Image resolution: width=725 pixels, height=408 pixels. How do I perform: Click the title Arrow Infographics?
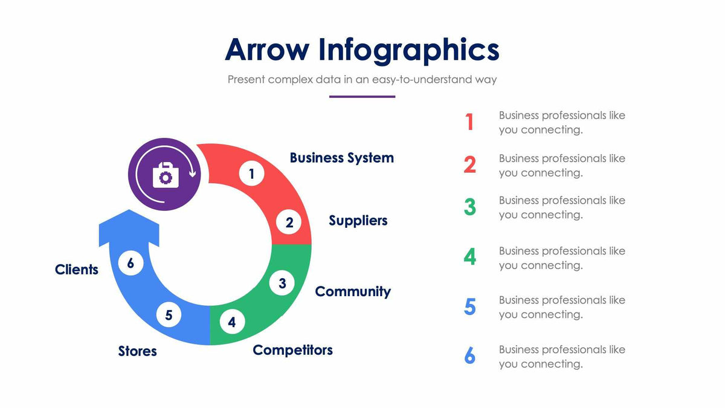[x=362, y=50]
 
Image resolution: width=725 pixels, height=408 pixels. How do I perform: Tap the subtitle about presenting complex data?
[x=362, y=79]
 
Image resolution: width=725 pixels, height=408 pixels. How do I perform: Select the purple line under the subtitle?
[x=362, y=96]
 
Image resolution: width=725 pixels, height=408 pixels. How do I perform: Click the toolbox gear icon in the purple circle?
[x=165, y=175]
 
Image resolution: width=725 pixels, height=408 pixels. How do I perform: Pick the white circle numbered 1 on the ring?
[x=251, y=174]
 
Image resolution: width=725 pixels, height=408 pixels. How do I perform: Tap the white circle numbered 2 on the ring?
[x=289, y=222]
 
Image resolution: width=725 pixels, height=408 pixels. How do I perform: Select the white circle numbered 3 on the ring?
[x=282, y=282]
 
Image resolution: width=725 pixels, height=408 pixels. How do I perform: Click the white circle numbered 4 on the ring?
[x=232, y=322]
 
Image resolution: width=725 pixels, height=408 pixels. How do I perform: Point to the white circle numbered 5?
[x=169, y=315]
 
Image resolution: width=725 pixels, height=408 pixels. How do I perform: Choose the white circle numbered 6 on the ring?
[x=130, y=263]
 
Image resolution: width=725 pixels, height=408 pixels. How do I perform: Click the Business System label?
[x=341, y=158]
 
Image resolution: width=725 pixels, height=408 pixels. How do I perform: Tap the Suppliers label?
[x=358, y=221]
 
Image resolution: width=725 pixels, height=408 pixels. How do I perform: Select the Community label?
[x=353, y=291]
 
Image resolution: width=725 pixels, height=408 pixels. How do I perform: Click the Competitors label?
[x=292, y=350]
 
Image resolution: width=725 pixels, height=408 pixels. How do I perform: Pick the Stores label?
[x=137, y=351]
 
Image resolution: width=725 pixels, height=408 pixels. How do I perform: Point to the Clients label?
[x=76, y=270]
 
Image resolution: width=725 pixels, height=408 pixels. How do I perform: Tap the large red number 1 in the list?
[x=469, y=122]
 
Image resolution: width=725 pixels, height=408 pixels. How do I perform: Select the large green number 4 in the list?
[x=469, y=257]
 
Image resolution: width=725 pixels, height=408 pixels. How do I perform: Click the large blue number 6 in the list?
[x=469, y=356]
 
